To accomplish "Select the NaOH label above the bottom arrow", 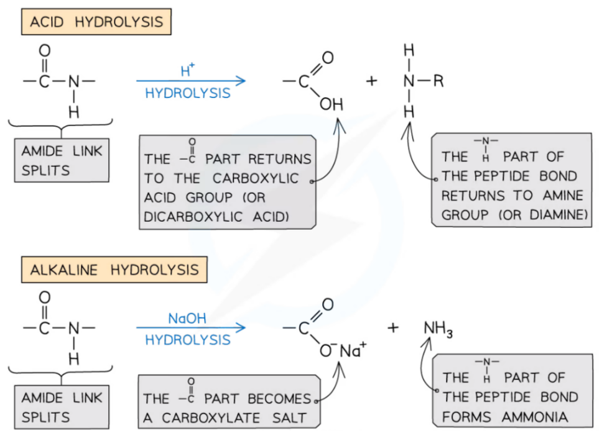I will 187,319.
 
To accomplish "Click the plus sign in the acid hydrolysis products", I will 371,81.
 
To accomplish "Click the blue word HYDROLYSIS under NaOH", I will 187,340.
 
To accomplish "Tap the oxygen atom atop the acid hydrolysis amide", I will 44,50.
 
